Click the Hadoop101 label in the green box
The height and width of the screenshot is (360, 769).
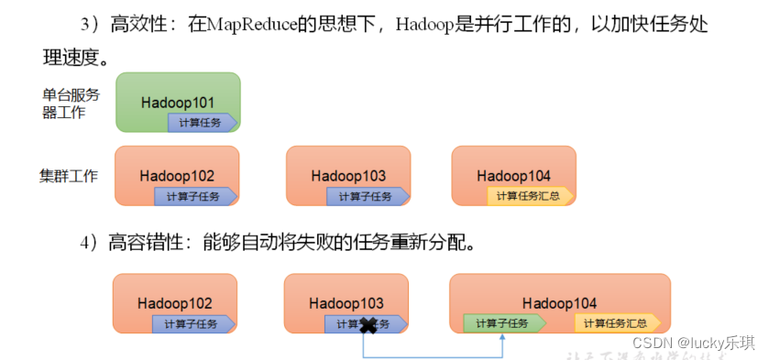click(x=178, y=102)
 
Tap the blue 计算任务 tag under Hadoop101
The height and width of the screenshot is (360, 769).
click(x=202, y=122)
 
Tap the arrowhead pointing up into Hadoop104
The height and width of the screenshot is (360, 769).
click(x=503, y=336)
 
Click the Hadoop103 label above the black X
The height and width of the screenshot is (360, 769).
click(x=346, y=302)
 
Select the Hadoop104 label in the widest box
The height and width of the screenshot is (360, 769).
click(x=559, y=302)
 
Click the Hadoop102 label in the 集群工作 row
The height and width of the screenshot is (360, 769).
click(x=177, y=175)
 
